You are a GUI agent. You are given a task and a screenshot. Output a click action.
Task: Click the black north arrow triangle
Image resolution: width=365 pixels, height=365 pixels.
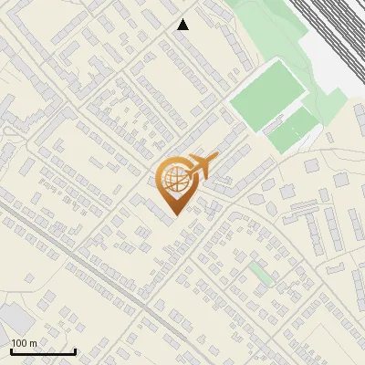183,25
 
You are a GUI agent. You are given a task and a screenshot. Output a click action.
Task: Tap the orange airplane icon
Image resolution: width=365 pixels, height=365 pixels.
200,166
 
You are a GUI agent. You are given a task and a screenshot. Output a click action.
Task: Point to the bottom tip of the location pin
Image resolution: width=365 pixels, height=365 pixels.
173,215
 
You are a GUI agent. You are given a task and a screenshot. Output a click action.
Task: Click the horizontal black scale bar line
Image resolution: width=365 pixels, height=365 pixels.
43,352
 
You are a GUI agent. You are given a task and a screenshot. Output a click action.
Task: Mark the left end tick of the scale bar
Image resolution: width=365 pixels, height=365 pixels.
11,350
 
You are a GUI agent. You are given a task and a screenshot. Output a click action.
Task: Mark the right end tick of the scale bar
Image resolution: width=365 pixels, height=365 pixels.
75,350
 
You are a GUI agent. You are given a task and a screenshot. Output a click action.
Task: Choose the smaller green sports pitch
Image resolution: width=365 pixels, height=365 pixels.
294,130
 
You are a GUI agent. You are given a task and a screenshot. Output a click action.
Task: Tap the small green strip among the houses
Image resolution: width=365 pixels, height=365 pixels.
261,273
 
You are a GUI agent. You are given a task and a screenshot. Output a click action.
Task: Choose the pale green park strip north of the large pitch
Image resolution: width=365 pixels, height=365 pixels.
265,36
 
